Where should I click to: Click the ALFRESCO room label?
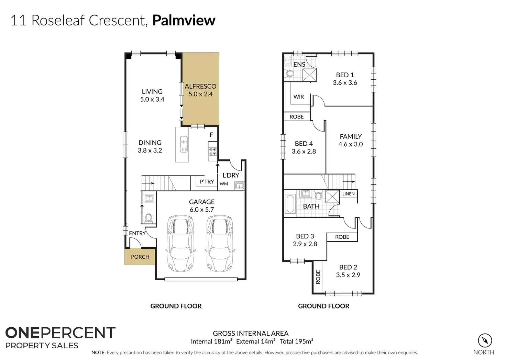coord(200,86)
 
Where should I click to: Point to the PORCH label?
coord(140,257)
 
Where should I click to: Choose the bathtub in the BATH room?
coord(290,204)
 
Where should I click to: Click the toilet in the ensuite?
coord(289,73)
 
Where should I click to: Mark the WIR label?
coord(298,97)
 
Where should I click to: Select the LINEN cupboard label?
coord(348,194)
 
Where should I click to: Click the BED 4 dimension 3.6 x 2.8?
coord(304,151)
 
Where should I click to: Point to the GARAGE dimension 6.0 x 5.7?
coord(201,210)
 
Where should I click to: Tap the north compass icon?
coord(485,341)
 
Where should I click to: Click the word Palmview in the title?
coord(184,20)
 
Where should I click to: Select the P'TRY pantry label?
coord(207,181)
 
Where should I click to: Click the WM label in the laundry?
coord(224,184)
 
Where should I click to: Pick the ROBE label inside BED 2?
coord(318,277)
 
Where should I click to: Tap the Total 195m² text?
coord(296,341)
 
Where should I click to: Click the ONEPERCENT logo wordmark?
coord(60,333)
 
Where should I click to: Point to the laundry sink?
coord(239,186)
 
